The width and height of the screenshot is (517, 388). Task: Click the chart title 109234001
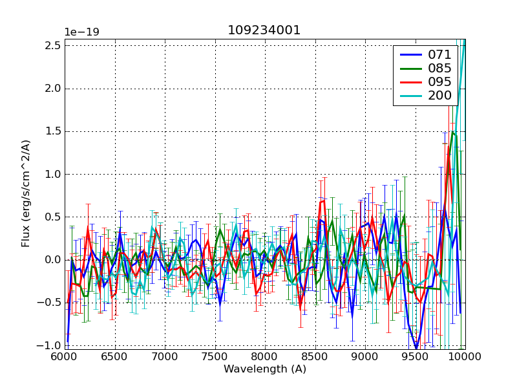pos(264,30)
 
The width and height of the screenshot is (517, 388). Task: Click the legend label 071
pos(440,55)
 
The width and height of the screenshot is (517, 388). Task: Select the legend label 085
pos(440,69)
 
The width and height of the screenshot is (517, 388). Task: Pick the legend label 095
pos(440,82)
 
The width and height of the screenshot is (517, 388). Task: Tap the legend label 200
pos(440,96)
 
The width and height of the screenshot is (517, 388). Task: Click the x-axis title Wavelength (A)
pos(264,369)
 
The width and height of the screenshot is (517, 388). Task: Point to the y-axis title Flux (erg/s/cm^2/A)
pos(26,194)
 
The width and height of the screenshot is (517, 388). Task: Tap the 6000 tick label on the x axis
pos(65,357)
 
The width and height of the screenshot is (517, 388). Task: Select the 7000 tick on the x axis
pos(165,357)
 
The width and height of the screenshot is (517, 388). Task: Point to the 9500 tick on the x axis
pos(415,357)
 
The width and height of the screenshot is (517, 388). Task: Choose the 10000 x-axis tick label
pos(463,357)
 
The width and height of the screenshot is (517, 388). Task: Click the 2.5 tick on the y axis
pos(54,45)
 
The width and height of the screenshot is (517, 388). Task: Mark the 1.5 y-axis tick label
pos(54,131)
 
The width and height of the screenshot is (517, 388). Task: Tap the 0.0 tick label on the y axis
pos(54,260)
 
